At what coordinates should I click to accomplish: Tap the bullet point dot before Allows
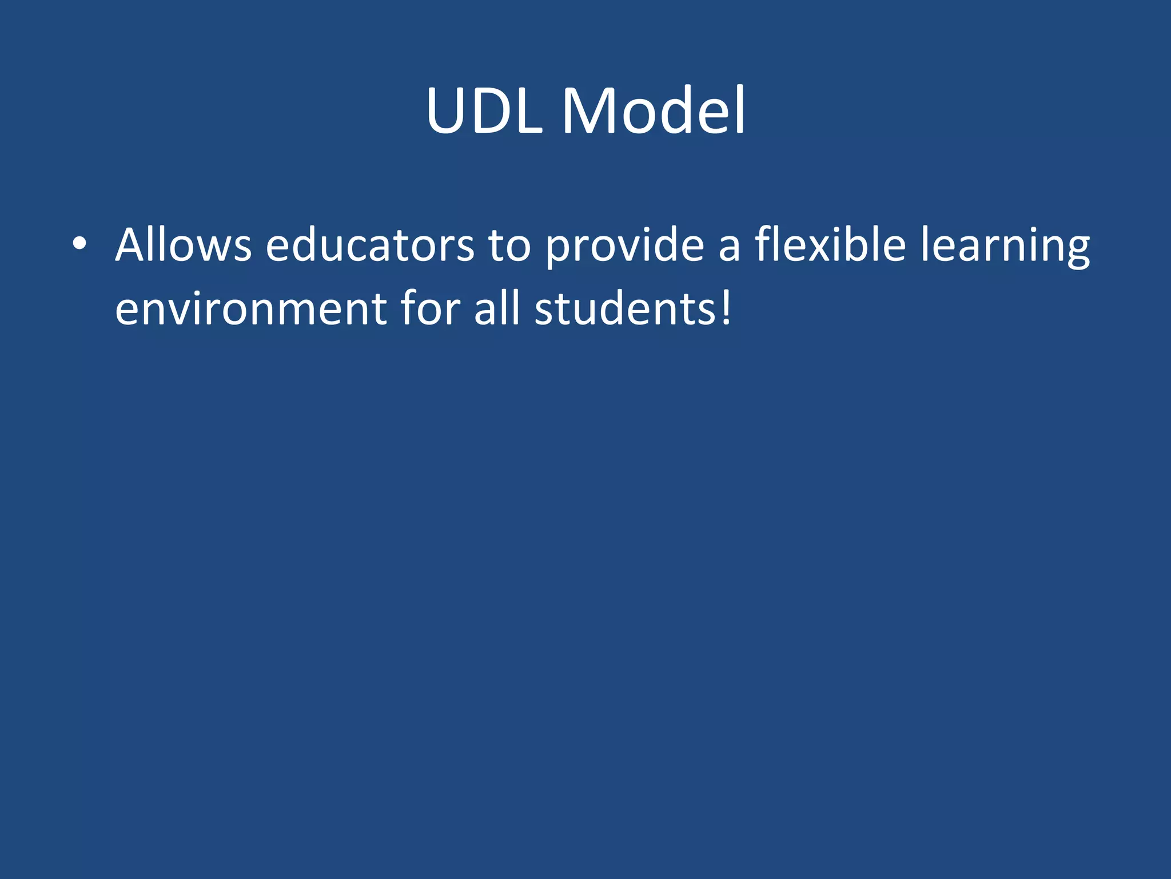click(x=79, y=244)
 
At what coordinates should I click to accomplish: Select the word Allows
click(x=183, y=245)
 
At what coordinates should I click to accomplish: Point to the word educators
click(x=369, y=245)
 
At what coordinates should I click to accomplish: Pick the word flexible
click(x=830, y=245)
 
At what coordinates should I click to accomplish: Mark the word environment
click(x=250, y=309)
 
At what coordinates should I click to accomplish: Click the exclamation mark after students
click(x=726, y=309)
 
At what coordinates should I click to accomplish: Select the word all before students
click(x=497, y=309)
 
